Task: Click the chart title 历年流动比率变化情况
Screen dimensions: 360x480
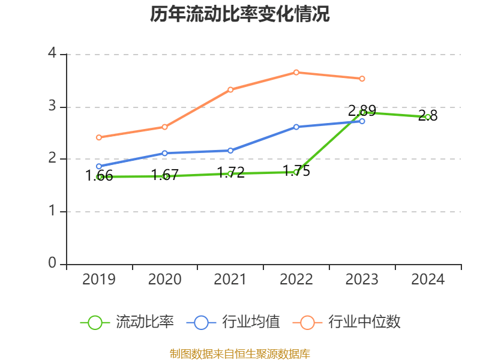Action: coord(240,14)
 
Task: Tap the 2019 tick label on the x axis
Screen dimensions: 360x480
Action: coord(99,279)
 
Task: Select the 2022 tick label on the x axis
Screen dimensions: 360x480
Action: coord(296,279)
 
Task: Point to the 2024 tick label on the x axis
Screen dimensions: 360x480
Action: coord(428,279)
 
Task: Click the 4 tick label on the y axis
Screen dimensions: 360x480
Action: coord(52,53)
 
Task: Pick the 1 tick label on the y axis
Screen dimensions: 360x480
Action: coord(52,211)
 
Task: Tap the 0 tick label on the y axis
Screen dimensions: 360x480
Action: coord(52,263)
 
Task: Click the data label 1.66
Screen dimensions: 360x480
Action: coord(99,176)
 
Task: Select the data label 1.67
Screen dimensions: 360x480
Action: coord(164,175)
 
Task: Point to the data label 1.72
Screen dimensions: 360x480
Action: coord(230,173)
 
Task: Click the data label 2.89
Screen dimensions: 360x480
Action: coord(362,111)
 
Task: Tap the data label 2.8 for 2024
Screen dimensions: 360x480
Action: coord(428,116)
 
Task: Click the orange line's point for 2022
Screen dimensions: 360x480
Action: coord(296,72)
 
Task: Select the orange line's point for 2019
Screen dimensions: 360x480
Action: coord(99,137)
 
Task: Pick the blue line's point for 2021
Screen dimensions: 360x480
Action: coord(230,151)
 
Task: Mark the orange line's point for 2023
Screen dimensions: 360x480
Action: coord(362,79)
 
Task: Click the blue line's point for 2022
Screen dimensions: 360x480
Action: coord(296,127)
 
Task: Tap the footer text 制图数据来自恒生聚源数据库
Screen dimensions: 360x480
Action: coord(240,353)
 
